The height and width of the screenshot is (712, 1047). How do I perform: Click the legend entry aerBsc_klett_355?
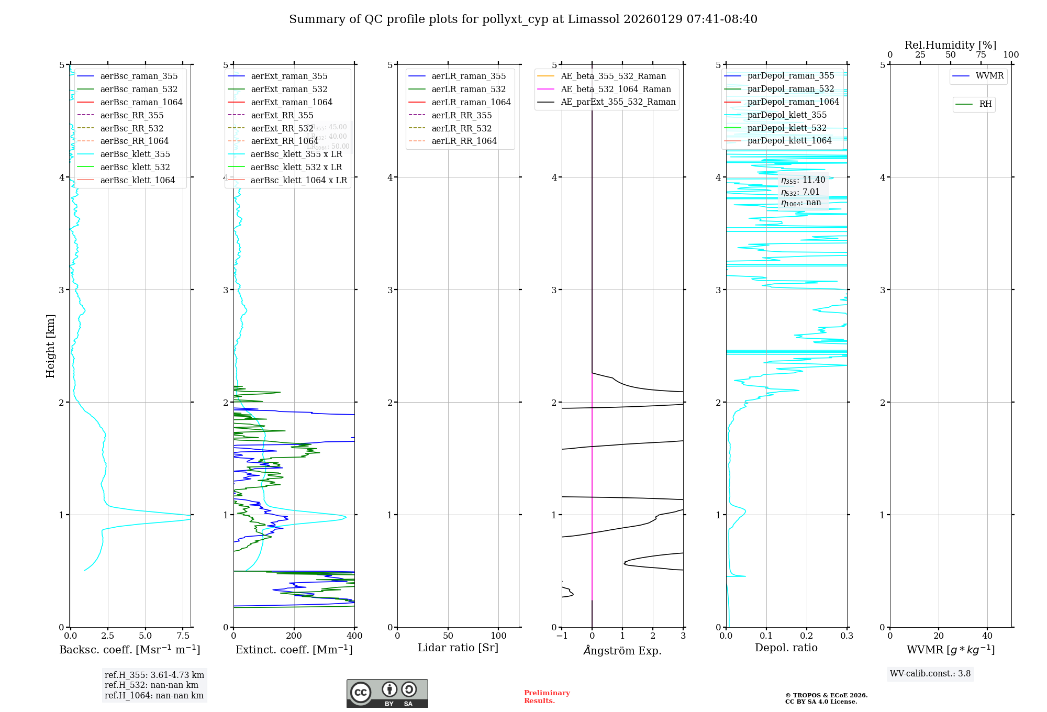[x=135, y=154]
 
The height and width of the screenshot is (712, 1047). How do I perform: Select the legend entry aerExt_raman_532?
[x=289, y=89]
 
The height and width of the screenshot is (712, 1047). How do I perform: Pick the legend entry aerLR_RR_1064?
[x=464, y=141]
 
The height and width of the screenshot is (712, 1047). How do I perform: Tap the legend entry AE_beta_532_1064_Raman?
[x=616, y=89]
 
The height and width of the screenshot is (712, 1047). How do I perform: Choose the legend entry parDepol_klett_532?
[x=787, y=128]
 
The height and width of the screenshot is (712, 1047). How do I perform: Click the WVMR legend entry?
[x=989, y=76]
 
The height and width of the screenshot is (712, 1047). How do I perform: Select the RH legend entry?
[x=985, y=104]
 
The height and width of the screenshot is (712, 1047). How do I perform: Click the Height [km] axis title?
[x=50, y=346]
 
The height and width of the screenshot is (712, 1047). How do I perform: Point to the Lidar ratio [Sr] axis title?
[x=458, y=648]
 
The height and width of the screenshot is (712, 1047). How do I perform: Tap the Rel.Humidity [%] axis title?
[x=950, y=45]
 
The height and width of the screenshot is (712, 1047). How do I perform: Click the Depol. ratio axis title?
[x=786, y=648]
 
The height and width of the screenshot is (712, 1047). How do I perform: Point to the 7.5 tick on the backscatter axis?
[x=183, y=636]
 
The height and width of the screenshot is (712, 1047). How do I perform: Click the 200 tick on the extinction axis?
[x=294, y=636]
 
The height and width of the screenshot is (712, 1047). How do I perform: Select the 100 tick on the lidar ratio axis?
[x=498, y=636]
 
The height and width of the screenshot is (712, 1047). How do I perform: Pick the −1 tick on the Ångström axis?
[x=562, y=636]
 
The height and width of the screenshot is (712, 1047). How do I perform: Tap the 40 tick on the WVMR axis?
[x=987, y=636]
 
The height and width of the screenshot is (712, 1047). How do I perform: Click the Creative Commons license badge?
[x=387, y=693]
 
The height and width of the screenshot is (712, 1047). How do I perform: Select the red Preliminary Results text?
[x=547, y=697]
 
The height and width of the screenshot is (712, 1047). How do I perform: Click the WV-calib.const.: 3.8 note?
[x=930, y=674]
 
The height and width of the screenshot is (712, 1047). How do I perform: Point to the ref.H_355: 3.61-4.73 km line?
[x=154, y=675]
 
